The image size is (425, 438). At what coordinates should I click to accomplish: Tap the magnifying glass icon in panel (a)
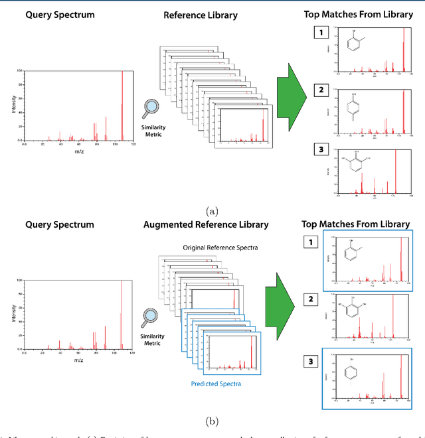[x=152, y=106]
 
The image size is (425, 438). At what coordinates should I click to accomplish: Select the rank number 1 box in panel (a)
[x=320, y=32]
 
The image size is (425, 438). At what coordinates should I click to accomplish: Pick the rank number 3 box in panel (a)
[x=320, y=149]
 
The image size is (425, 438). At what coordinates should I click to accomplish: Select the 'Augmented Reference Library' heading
[x=206, y=224]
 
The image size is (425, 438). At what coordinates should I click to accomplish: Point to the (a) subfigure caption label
[x=212, y=211]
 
